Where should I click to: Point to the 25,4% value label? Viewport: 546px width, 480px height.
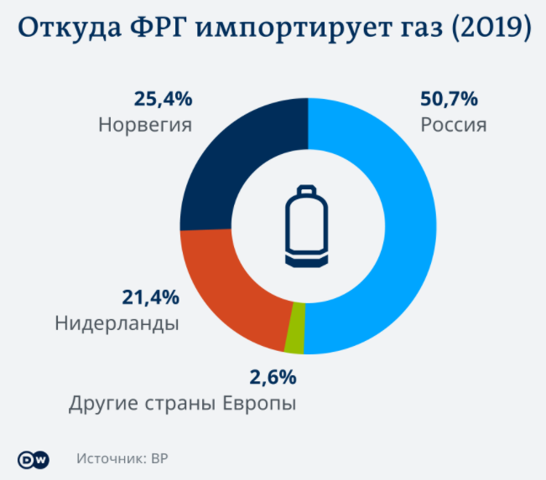coord(163,99)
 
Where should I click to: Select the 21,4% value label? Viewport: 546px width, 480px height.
coord(150,297)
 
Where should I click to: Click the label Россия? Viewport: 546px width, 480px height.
coord(453,126)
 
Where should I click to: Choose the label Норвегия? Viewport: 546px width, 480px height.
coord(145,126)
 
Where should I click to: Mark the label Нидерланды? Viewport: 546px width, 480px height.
coord(117,323)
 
